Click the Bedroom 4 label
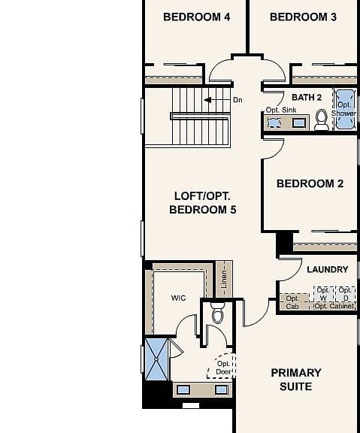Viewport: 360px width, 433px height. tap(197, 17)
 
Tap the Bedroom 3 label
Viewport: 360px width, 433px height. tap(303, 17)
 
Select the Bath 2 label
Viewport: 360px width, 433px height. tap(307, 98)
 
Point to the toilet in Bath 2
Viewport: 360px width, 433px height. tap(321, 120)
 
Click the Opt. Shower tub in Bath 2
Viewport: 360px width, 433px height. tap(345, 109)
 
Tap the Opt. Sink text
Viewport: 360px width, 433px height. tap(281, 110)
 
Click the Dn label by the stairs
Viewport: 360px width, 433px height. tap(237, 100)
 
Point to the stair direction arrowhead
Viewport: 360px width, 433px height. tap(207, 100)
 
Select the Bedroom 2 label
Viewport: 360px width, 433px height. tap(310, 183)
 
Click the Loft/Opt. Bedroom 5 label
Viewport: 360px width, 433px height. tap(203, 203)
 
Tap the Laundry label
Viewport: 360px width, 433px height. tap(328, 270)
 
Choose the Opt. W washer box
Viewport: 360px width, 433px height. tap(323, 294)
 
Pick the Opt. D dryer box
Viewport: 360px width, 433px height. tap(346, 294)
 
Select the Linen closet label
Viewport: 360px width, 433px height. tap(224, 279)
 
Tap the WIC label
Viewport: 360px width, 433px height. tap(178, 298)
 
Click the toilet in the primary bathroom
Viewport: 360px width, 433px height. tap(218, 313)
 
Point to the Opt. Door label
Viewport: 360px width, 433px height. tap(223, 368)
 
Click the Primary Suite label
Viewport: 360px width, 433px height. tap(296, 380)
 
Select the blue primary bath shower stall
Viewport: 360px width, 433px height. tap(156, 359)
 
